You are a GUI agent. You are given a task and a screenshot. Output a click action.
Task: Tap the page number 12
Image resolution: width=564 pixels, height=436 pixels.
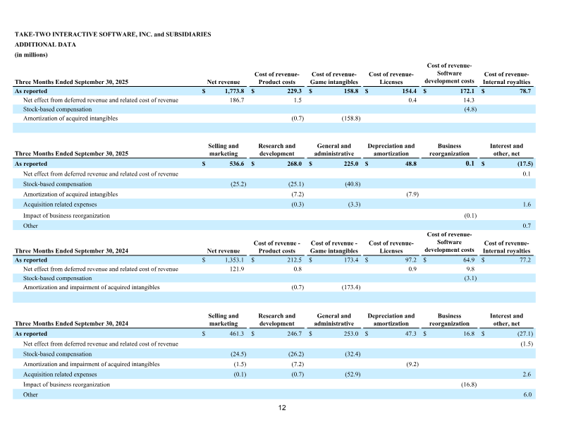[x=282, y=408]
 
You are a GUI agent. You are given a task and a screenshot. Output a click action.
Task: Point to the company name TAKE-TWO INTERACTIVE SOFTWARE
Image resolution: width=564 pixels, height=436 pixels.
[x=78, y=34]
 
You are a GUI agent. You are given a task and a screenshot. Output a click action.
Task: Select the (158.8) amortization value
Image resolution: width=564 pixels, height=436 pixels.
[x=350, y=119]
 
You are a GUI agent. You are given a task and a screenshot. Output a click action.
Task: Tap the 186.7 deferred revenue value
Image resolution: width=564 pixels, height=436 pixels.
[x=234, y=100]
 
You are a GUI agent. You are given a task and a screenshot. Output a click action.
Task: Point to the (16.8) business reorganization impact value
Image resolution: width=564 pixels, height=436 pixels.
[x=466, y=384]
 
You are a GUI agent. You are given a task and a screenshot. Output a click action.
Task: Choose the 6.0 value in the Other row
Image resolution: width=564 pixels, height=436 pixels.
[x=526, y=394]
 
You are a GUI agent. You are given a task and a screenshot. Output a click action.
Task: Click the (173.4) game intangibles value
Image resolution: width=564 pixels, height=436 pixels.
[x=350, y=287]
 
